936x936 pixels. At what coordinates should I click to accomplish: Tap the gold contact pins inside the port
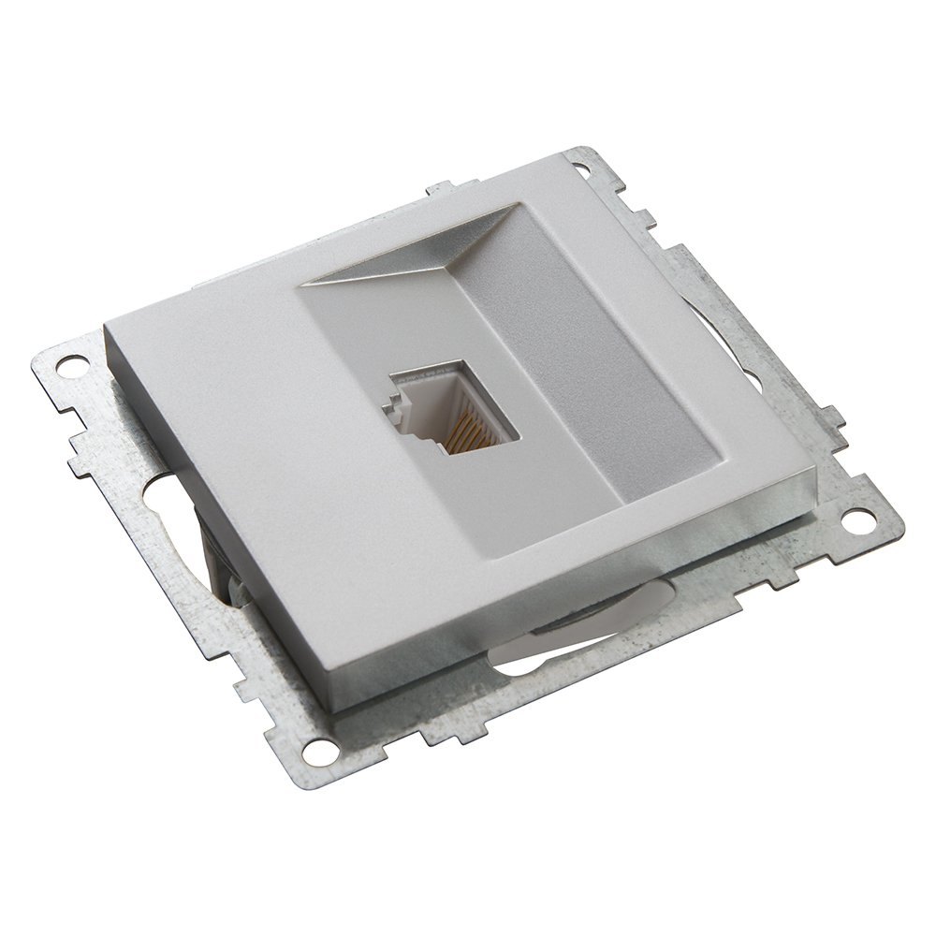(468, 432)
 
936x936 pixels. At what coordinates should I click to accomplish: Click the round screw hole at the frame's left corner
(70, 365)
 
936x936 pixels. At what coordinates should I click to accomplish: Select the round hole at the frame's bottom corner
(319, 748)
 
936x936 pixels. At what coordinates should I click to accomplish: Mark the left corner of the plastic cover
(109, 328)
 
